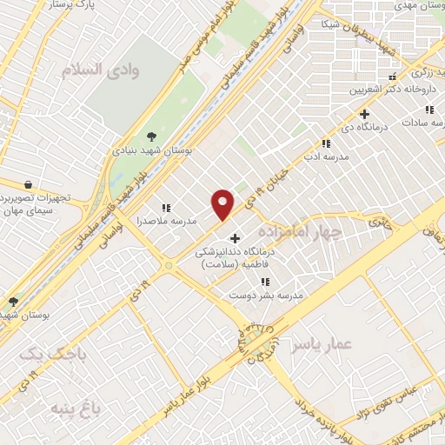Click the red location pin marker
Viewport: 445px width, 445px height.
coord(223,204)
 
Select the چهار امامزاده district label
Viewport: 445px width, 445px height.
coord(299,229)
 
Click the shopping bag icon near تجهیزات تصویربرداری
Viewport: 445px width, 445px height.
coord(29,185)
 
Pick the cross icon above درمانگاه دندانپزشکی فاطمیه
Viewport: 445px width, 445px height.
coord(234,238)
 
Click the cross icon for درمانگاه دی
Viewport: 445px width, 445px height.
coord(364,114)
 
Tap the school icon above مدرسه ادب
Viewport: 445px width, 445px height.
coord(326,143)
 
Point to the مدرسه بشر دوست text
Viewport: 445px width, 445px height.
coord(266,296)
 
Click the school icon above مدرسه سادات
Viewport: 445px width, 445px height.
coord(428,110)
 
